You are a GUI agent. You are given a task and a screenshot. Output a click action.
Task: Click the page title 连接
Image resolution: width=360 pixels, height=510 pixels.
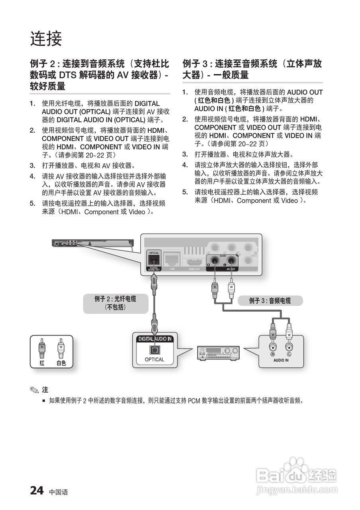coord(46,39)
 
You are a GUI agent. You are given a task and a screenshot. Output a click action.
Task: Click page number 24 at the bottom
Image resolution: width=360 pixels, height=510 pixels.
coord(37,490)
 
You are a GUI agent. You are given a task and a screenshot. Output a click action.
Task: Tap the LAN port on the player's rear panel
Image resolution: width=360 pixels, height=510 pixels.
coord(172,260)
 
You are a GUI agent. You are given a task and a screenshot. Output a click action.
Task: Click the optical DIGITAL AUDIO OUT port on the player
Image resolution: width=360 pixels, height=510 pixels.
coord(154,260)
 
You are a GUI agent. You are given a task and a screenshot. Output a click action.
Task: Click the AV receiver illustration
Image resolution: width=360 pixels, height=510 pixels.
coord(218,353)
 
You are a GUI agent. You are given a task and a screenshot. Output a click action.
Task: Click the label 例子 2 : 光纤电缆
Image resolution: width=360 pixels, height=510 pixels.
coord(115,299)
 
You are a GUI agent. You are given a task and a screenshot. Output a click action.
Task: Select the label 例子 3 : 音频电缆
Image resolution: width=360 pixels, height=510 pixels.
coord(270,301)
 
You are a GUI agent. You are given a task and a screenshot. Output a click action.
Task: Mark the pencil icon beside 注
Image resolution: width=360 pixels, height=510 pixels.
coord(36,390)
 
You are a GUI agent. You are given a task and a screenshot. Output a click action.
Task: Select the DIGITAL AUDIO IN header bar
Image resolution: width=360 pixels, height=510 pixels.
coord(155,339)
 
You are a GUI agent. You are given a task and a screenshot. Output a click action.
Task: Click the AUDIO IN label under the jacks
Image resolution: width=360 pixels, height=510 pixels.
coord(281,360)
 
